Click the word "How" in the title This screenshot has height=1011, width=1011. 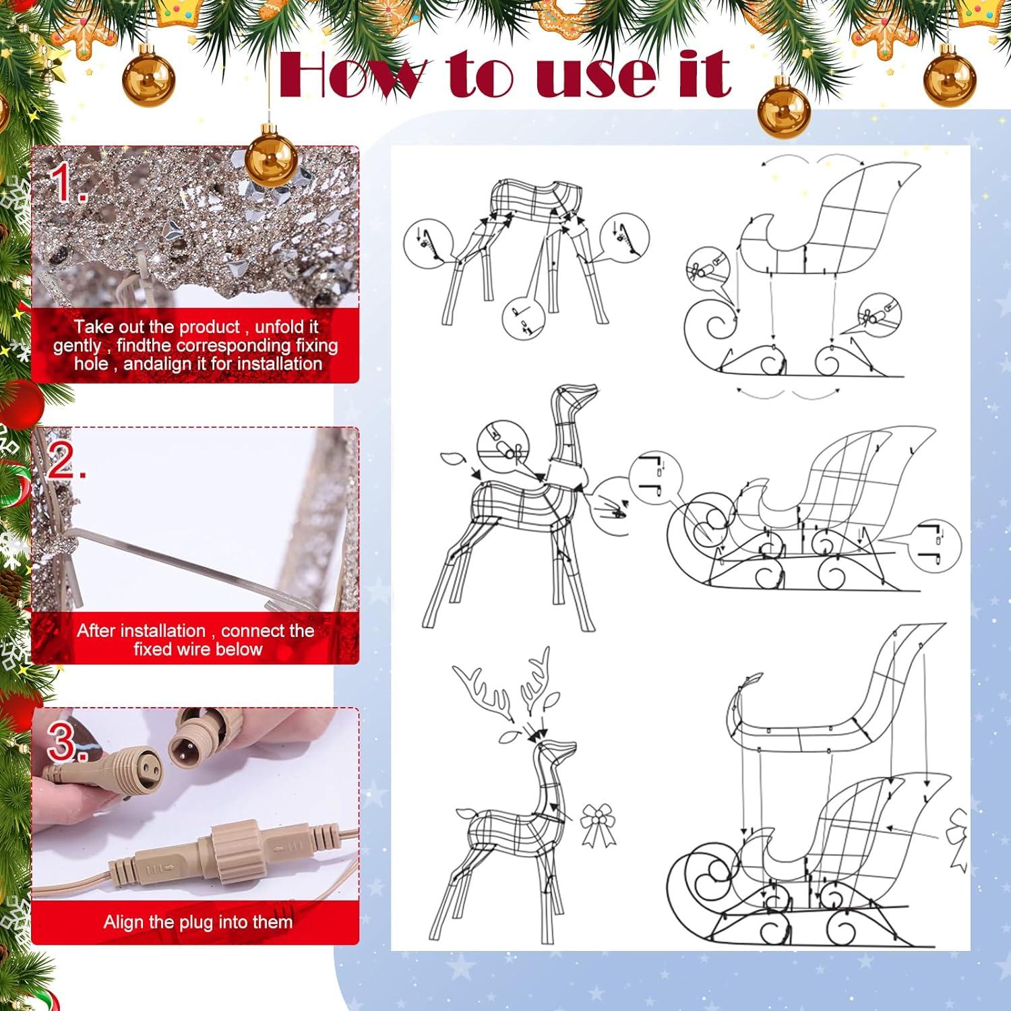tap(353, 74)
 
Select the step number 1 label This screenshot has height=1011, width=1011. tap(70, 183)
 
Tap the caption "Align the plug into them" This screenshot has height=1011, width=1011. tap(198, 922)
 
